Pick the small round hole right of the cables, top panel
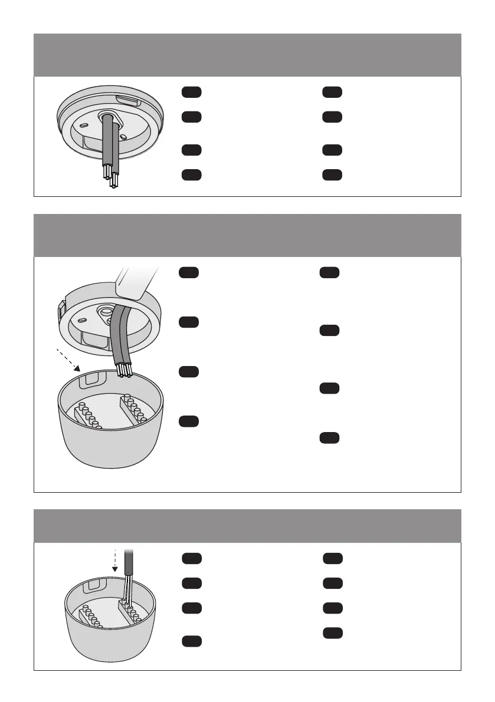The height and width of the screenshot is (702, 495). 123,137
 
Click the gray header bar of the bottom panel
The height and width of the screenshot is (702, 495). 247,526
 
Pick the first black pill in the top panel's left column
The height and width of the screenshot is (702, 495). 191,92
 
